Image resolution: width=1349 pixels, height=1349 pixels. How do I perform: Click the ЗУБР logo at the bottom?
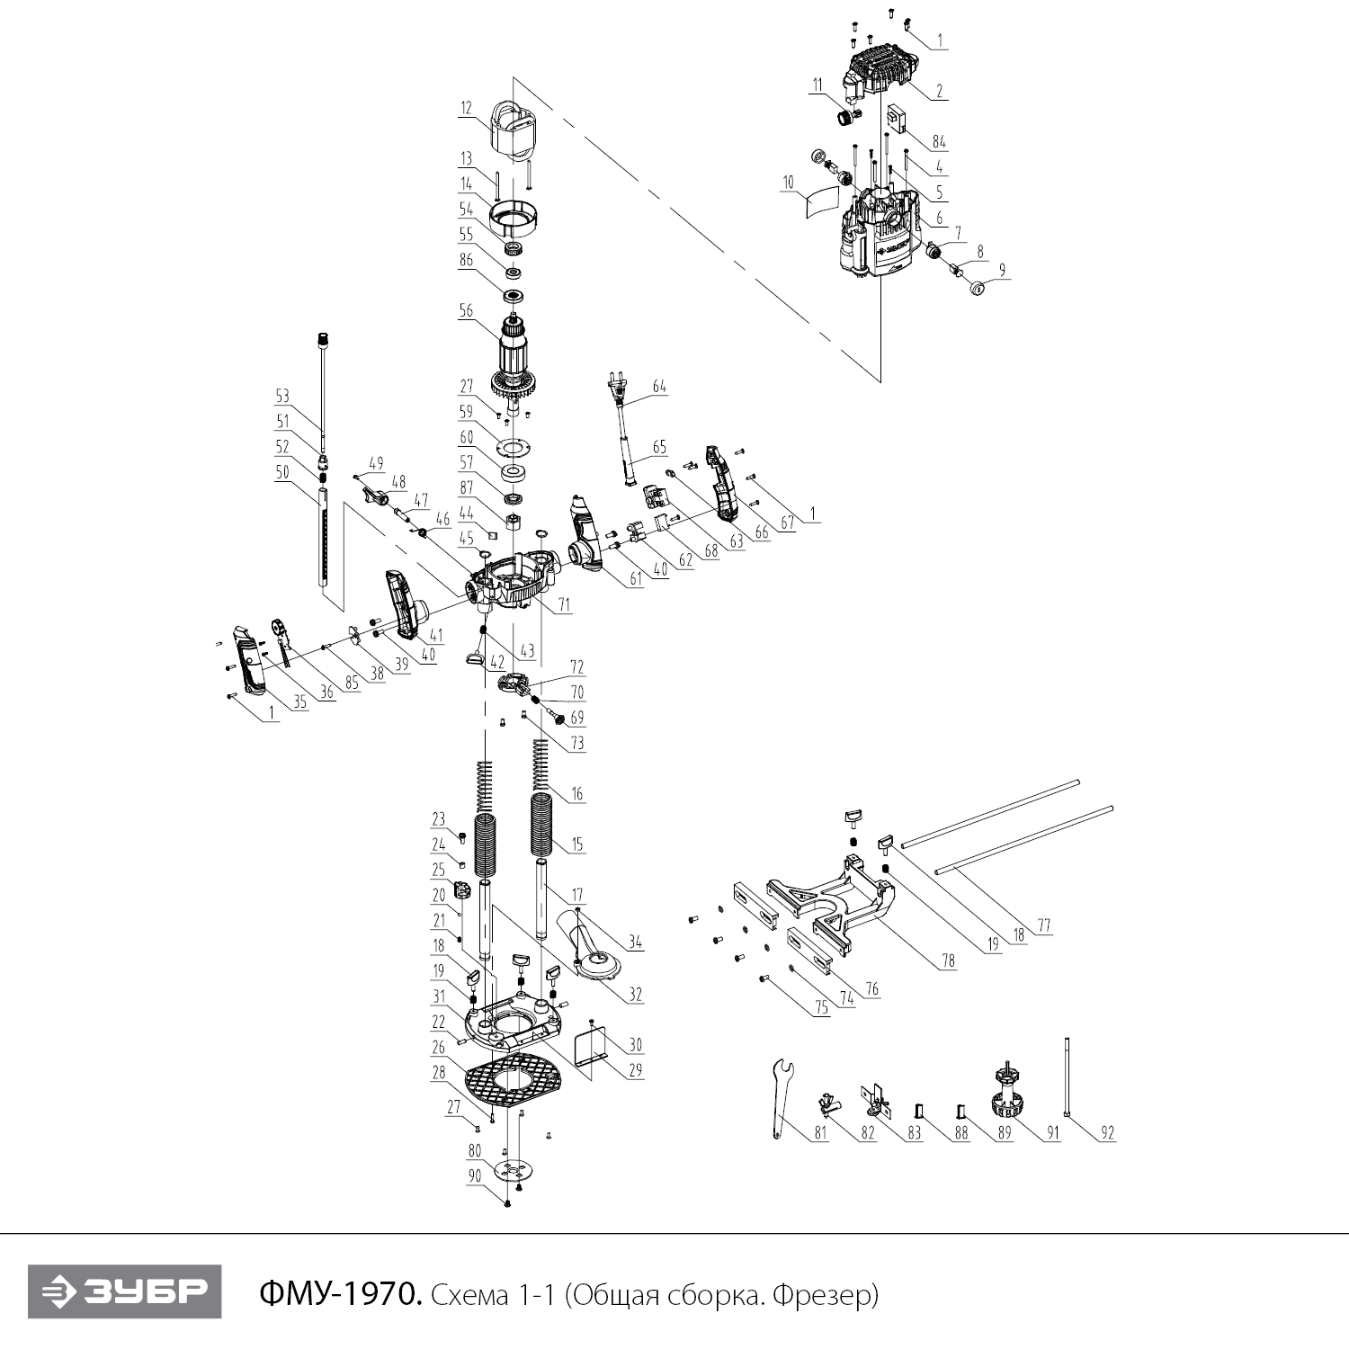[124, 1293]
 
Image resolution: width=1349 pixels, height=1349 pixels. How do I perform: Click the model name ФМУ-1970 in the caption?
[339, 1295]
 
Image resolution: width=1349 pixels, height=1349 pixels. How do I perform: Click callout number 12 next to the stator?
[466, 108]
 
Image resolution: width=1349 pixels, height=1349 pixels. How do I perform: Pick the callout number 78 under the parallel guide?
[948, 960]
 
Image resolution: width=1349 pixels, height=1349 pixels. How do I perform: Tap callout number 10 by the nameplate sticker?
[789, 183]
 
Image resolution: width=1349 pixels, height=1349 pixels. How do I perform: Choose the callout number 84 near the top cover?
[939, 141]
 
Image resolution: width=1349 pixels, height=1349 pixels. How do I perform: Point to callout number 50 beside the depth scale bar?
[282, 473]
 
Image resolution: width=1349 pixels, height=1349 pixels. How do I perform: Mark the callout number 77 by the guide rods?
[1043, 925]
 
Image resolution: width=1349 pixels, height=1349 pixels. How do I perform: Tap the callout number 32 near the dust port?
[636, 995]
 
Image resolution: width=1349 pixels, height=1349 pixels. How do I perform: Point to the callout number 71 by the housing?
[564, 607]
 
